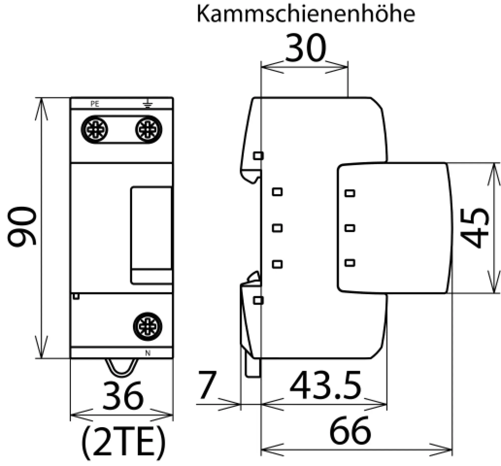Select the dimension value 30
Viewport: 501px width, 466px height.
pos(306,48)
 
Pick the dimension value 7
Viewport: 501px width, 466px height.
pos(207,385)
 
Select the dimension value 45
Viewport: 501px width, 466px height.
pos(474,228)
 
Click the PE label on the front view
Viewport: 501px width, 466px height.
pos(95,104)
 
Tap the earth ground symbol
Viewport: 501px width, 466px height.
pos(148,104)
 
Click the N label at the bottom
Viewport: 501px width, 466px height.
pos(148,353)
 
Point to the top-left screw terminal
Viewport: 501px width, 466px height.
pos(94,130)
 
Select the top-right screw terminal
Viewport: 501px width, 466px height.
pos(149,130)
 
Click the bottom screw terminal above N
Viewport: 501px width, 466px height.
pos(148,327)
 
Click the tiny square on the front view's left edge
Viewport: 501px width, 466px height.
pos(76,297)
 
